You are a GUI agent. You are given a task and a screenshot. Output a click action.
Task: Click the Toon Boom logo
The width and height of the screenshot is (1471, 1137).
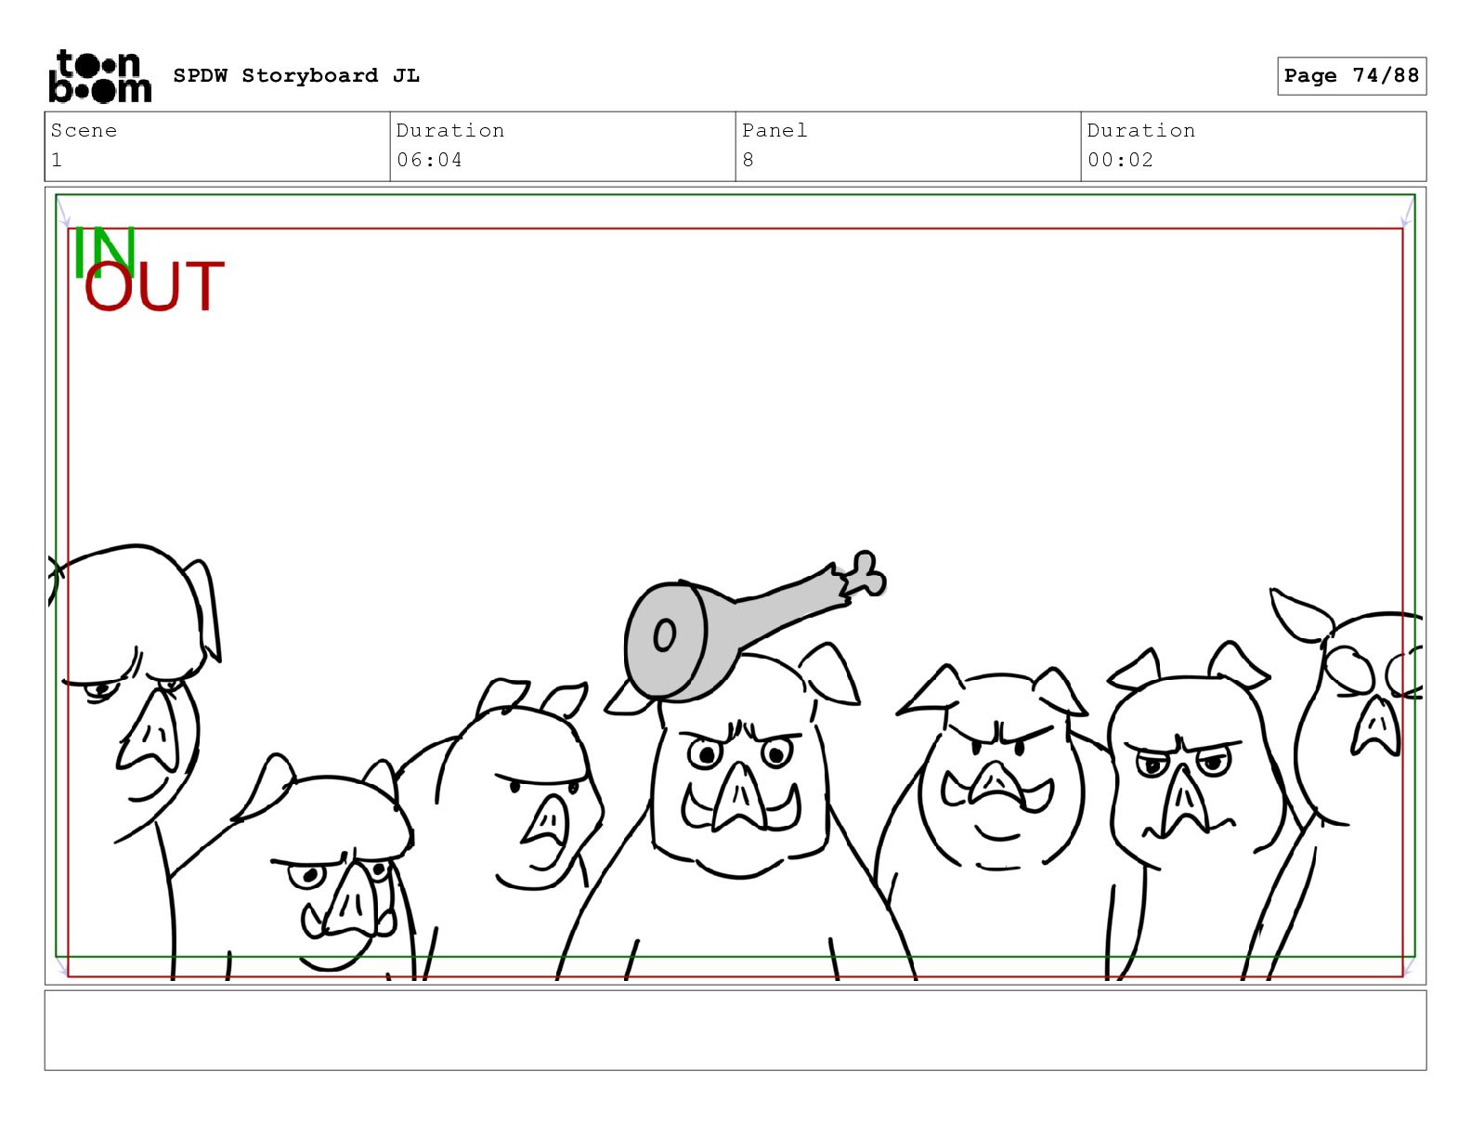click(x=100, y=76)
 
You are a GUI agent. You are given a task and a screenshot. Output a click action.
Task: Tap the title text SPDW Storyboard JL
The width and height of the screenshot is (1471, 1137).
click(x=296, y=75)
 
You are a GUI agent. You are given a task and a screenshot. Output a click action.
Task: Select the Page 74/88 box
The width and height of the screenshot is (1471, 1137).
click(x=1351, y=76)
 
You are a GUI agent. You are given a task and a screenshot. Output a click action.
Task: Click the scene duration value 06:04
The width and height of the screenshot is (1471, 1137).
click(x=429, y=160)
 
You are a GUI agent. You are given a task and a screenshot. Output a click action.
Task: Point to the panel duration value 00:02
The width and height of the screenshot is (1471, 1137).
click(x=1120, y=160)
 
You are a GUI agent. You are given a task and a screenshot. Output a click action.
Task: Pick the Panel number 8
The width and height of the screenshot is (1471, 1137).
click(x=748, y=160)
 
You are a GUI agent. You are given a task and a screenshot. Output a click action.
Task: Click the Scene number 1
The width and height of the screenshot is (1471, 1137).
click(x=57, y=160)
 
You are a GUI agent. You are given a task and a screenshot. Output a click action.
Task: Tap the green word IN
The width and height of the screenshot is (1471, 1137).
click(x=105, y=252)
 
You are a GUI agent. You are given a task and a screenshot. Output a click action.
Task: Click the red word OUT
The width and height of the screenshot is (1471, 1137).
click(x=154, y=286)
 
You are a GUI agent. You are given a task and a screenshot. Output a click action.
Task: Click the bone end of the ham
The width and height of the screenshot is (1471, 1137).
click(x=866, y=574)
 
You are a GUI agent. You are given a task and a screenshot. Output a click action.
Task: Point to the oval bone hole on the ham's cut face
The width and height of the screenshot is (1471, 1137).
click(x=664, y=634)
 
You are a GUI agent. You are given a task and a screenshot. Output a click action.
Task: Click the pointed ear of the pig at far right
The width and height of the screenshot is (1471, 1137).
click(x=1298, y=614)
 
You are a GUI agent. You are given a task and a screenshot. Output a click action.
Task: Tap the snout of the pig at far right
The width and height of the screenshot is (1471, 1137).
click(x=1375, y=726)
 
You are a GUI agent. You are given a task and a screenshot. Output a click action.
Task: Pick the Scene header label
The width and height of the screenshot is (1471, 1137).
click(x=84, y=130)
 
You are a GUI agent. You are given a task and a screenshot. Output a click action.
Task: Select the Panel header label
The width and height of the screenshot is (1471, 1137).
click(x=775, y=130)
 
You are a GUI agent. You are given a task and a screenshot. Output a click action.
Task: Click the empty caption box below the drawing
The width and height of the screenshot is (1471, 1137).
click(x=735, y=1031)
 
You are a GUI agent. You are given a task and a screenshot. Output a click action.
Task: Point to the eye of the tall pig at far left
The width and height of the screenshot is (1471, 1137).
click(x=101, y=690)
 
